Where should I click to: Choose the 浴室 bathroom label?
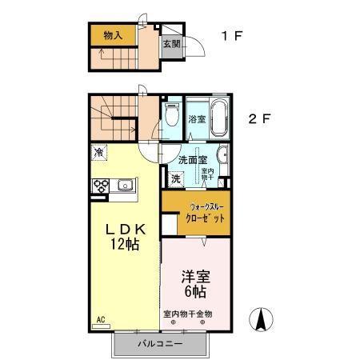196,119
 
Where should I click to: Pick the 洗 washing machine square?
175,179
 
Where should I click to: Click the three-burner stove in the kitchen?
102,186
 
